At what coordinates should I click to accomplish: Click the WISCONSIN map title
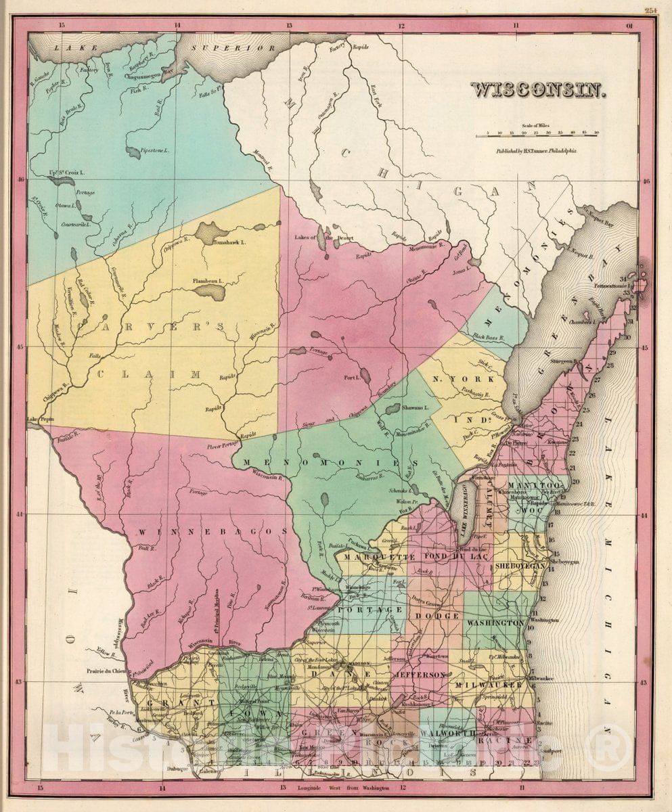[538, 89]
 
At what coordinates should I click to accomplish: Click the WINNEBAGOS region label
[213, 532]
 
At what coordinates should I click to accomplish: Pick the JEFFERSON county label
[420, 675]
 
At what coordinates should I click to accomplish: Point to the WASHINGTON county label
[496, 622]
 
